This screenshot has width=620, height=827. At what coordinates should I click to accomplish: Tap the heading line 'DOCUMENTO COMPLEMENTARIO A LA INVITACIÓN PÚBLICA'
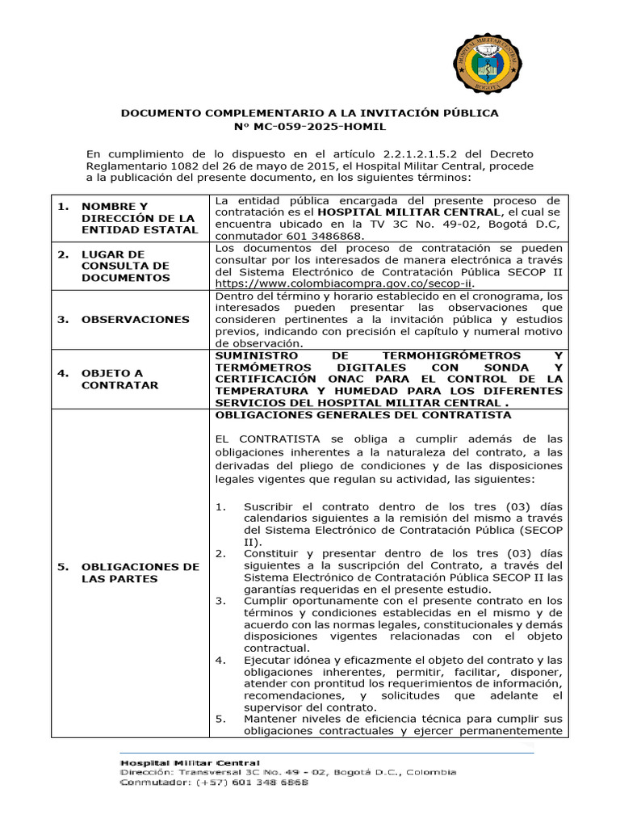(309, 113)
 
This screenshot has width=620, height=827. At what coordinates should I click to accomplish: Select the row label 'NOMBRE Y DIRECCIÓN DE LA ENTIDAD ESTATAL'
(138, 218)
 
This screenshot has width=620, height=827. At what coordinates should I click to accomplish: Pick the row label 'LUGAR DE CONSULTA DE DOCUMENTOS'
(125, 266)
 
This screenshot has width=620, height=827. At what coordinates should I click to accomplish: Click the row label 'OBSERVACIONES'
(135, 319)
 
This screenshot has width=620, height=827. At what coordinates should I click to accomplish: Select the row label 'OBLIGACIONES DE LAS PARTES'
(140, 573)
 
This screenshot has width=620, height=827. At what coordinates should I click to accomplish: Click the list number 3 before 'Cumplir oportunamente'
(220, 601)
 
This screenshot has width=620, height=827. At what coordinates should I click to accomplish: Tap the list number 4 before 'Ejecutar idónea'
(220, 660)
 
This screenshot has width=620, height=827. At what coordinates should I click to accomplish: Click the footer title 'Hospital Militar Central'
(191, 762)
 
